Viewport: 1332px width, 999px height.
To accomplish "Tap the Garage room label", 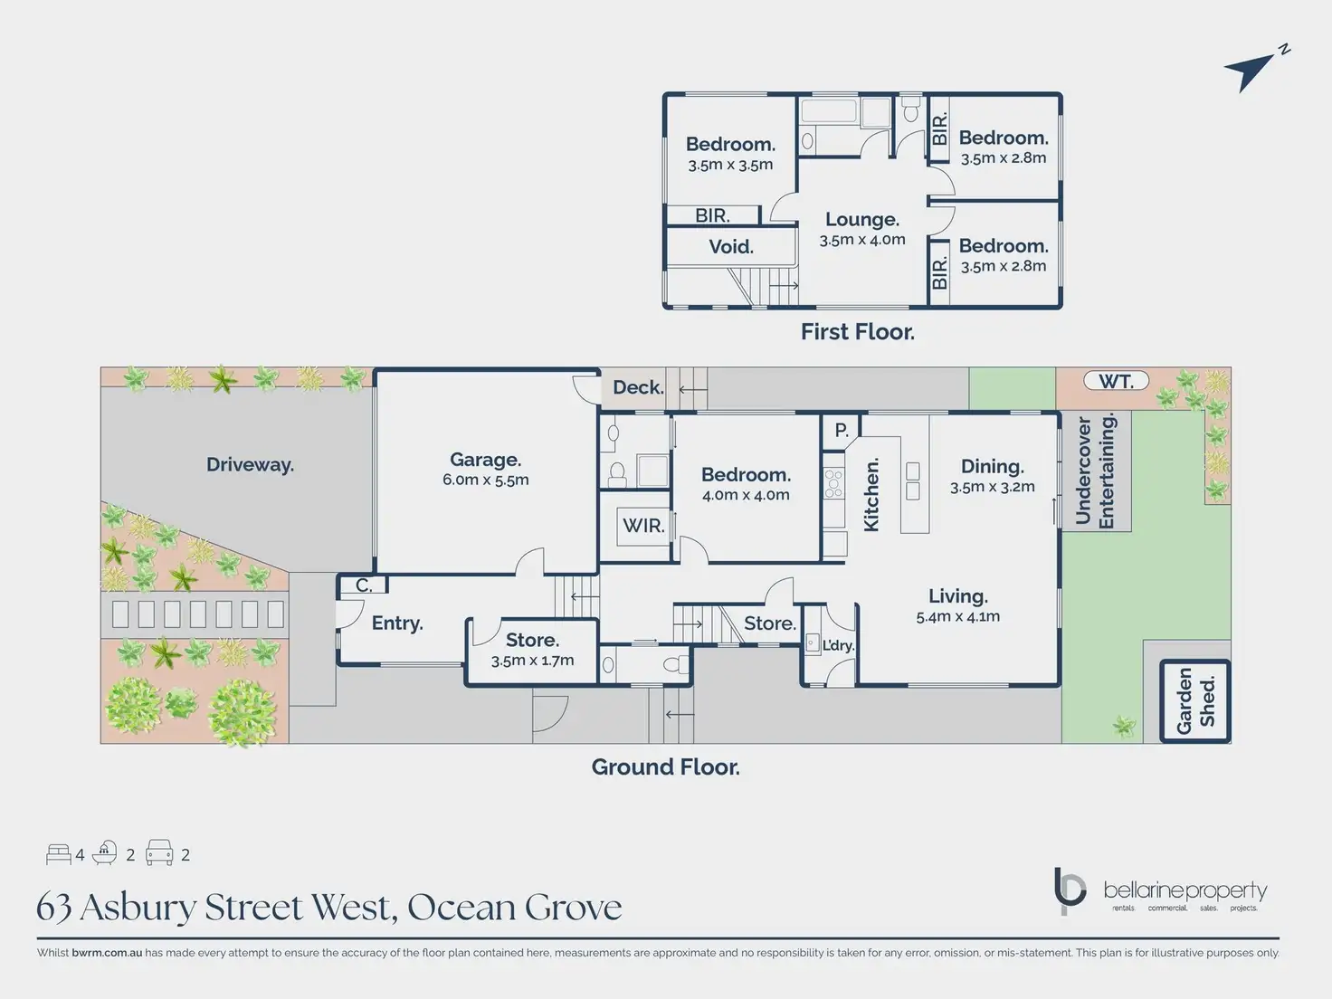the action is pyautogui.click(x=486, y=460).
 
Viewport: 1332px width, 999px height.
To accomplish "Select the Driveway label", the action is pyautogui.click(x=250, y=465).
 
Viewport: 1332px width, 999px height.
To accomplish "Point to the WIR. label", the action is pyautogui.click(x=643, y=526).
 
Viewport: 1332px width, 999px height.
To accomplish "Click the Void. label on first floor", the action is pyautogui.click(x=731, y=247).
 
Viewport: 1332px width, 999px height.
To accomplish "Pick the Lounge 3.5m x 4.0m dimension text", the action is pyautogui.click(x=862, y=240).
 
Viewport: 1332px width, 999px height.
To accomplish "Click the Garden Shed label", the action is pyautogui.click(x=1195, y=701).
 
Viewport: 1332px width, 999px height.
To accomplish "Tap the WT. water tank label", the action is pyautogui.click(x=1116, y=382).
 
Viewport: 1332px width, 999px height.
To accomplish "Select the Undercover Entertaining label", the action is pyautogui.click(x=1095, y=471).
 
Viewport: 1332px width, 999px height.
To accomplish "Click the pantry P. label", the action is pyautogui.click(x=842, y=431).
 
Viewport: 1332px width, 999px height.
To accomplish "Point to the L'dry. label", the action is pyautogui.click(x=838, y=645).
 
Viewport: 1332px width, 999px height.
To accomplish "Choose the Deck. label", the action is pyautogui.click(x=638, y=387).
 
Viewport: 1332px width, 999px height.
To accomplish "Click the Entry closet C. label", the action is pyautogui.click(x=364, y=585).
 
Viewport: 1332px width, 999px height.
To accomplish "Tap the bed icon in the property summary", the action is pyautogui.click(x=59, y=854).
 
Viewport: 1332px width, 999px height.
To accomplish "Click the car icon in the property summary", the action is pyautogui.click(x=159, y=853).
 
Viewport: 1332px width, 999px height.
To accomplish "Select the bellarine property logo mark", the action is pyautogui.click(x=1070, y=890).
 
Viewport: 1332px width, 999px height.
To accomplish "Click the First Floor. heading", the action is pyautogui.click(x=857, y=332).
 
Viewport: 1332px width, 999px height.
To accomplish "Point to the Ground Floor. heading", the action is pyautogui.click(x=665, y=767).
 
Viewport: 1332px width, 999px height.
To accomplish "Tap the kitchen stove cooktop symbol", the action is pyautogui.click(x=833, y=484).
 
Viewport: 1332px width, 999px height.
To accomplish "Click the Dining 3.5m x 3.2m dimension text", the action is pyautogui.click(x=992, y=487).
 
